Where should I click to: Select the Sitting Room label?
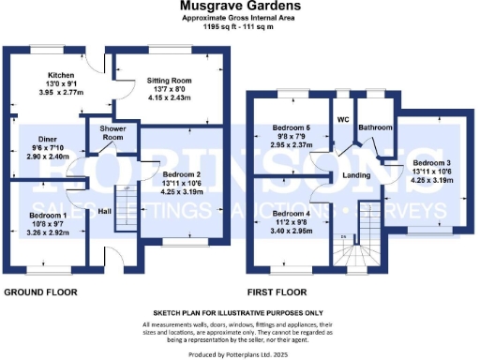point(170,82)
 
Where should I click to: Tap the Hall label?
point(105,211)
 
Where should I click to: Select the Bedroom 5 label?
point(292,127)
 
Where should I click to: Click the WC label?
point(342,120)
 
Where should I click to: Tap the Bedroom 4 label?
point(292,213)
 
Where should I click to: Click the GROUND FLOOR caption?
point(39,291)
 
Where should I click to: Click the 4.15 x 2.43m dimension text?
point(170,97)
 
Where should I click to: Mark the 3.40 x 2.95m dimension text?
point(292,230)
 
